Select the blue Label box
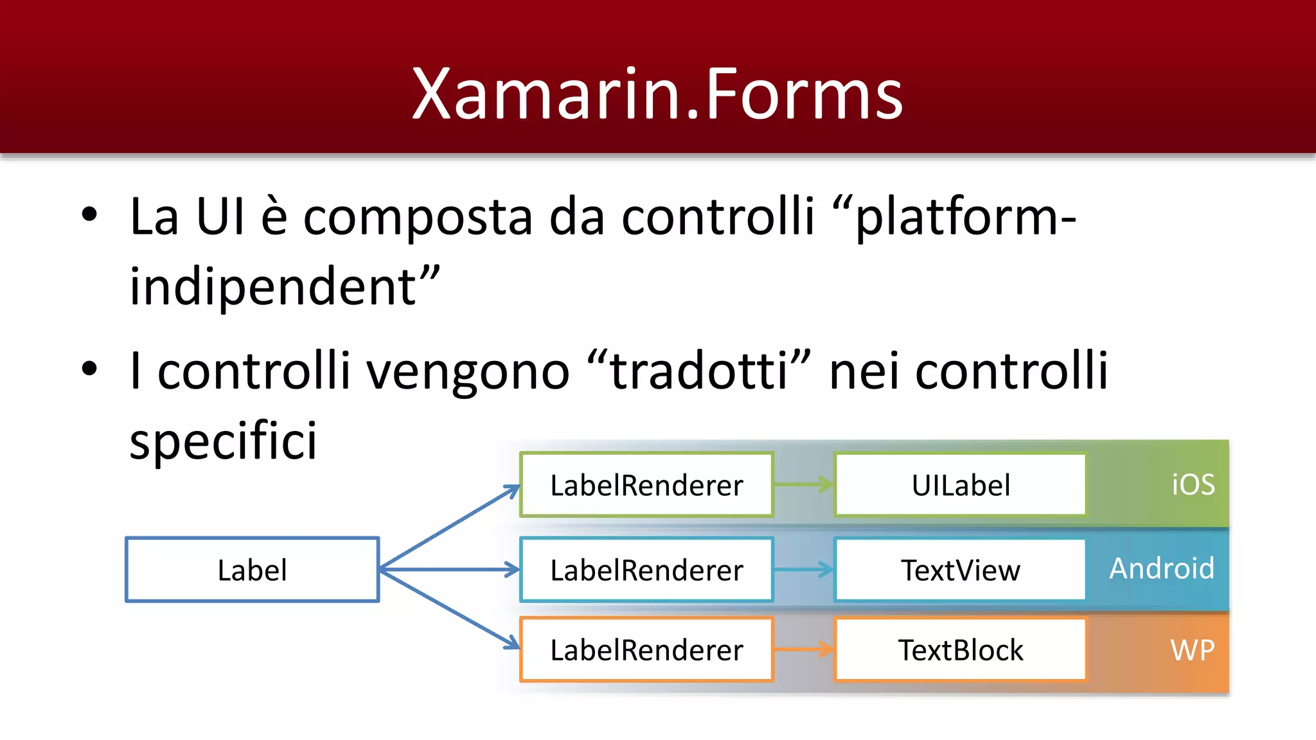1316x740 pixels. pyautogui.click(x=252, y=570)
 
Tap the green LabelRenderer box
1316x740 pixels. pyautogui.click(x=646, y=485)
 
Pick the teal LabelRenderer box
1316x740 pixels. pyautogui.click(x=646, y=570)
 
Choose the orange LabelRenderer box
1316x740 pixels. pyautogui.click(x=646, y=649)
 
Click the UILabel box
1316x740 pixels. pyautogui.click(x=960, y=485)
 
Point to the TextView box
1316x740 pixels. pyautogui.click(x=960, y=570)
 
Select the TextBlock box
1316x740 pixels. pyautogui.click(x=960, y=649)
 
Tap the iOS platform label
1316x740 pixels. pyautogui.click(x=1193, y=485)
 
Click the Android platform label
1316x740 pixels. pyautogui.click(x=1162, y=568)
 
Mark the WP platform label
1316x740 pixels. pyautogui.click(x=1192, y=650)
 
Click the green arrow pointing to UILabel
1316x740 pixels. pyautogui.click(x=803, y=485)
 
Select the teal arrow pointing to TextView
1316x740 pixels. pyautogui.click(x=803, y=569)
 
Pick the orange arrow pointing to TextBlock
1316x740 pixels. pyautogui.click(x=803, y=649)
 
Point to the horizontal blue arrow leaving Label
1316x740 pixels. pyautogui.click(x=450, y=569)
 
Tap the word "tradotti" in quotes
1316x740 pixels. pyautogui.click(x=698, y=371)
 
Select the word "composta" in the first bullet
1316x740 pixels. pyautogui.click(x=418, y=217)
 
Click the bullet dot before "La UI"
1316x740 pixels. pyautogui.click(x=89, y=215)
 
